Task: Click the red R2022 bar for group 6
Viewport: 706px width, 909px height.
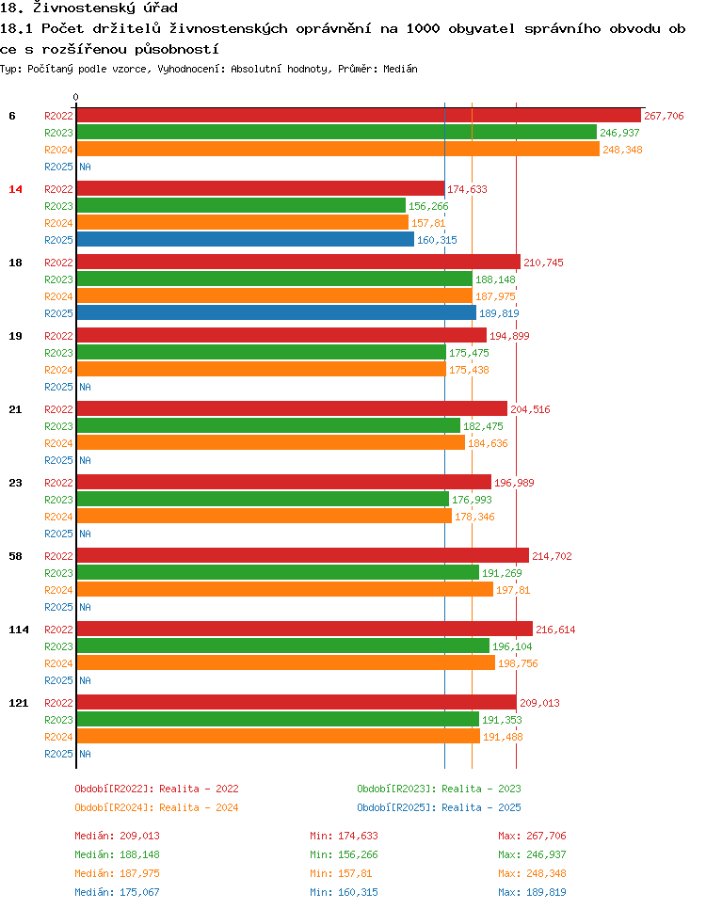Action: pyautogui.click(x=358, y=116)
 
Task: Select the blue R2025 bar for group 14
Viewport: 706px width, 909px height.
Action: pyautogui.click(x=245, y=240)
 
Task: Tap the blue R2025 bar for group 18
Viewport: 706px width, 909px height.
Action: pyautogui.click(x=276, y=313)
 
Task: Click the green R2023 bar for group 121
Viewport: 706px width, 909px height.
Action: pyautogui.click(x=278, y=720)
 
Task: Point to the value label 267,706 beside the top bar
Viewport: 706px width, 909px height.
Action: pyautogui.click(x=664, y=116)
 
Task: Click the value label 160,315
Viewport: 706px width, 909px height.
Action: pyautogui.click(x=437, y=240)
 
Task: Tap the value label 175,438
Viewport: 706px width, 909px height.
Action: pyautogui.click(x=469, y=370)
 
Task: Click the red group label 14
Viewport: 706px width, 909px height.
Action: pyautogui.click(x=15, y=189)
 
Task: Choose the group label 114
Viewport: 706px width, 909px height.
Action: pyautogui.click(x=18, y=630)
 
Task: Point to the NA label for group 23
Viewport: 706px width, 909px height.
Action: pyautogui.click(x=85, y=534)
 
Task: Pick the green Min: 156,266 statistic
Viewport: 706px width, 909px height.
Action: pyautogui.click(x=344, y=854)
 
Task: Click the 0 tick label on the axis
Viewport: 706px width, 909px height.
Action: pyautogui.click(x=76, y=97)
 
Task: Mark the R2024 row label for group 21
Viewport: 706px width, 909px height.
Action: pyautogui.click(x=58, y=443)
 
